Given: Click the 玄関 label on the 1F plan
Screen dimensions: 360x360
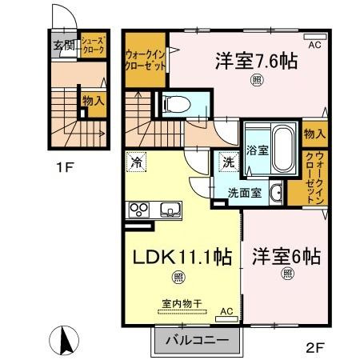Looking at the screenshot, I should (x=64, y=45).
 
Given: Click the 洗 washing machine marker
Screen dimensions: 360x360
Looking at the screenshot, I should (x=228, y=162).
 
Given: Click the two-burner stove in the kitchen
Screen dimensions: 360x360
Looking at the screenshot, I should (x=138, y=210).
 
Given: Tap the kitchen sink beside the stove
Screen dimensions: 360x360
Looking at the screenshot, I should (x=171, y=210).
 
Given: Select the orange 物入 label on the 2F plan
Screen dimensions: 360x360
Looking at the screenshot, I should (x=314, y=134).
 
